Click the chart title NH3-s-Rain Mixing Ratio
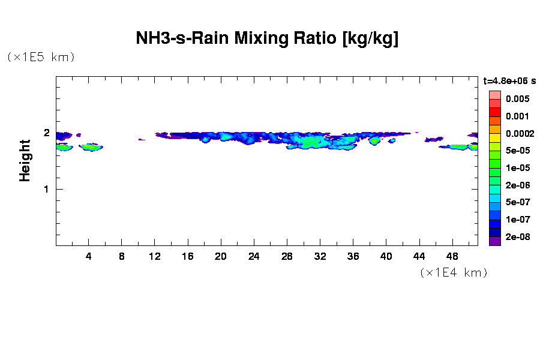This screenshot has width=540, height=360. pos(267,40)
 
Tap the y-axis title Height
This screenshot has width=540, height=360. pos(25,160)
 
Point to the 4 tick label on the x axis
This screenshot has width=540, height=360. pos(89,256)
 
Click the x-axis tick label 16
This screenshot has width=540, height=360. pos(188,256)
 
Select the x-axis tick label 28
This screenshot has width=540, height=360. pos(287,256)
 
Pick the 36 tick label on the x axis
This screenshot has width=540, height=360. pos(353,256)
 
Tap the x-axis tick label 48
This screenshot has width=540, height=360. pos(452,256)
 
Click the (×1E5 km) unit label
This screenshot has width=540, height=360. pos(41,58)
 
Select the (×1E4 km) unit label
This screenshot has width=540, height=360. pos(454,273)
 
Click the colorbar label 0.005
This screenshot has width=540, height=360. pos(517,98)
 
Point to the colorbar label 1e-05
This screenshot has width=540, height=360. pos(517,167)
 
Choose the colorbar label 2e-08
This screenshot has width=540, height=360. pos(517,237)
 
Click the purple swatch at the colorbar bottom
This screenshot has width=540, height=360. pos(494,241)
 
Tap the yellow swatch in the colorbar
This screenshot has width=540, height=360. pos(494,138)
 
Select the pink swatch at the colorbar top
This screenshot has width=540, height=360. pos(494,95)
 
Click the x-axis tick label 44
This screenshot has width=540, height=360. pos(419,256)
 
